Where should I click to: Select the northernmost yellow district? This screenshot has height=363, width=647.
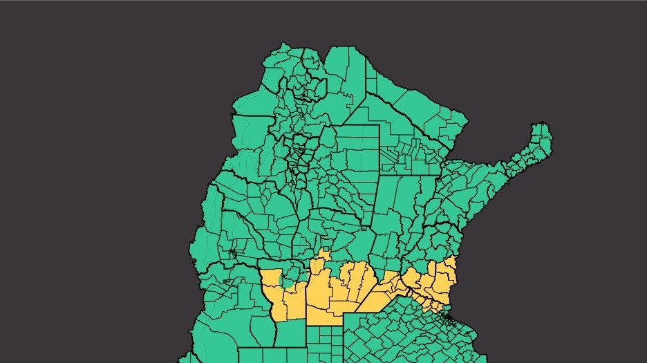tap(323, 257)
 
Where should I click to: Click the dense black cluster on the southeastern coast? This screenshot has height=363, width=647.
tap(449, 319)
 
